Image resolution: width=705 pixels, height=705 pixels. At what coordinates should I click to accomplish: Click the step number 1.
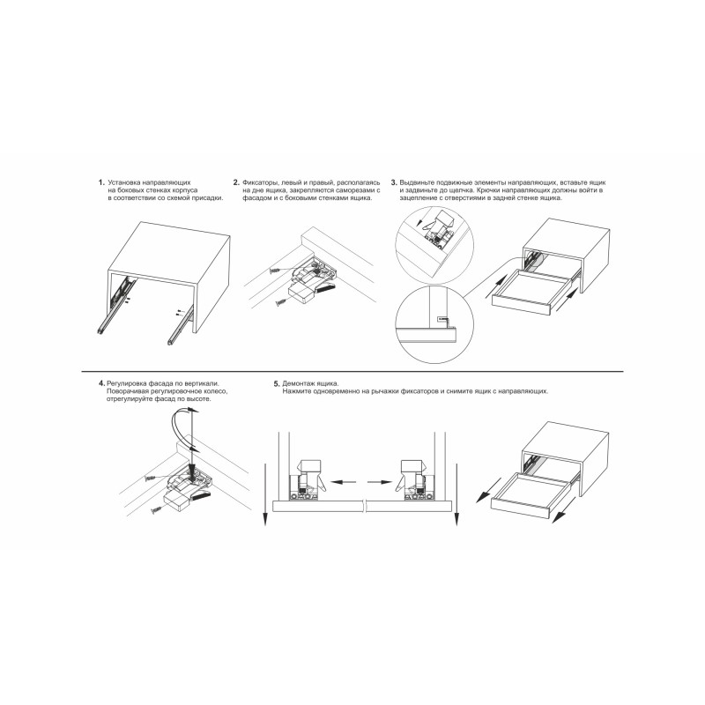(101, 182)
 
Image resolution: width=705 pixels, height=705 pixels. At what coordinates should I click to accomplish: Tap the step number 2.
(236, 182)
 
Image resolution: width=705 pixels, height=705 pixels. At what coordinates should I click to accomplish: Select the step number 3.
(394, 182)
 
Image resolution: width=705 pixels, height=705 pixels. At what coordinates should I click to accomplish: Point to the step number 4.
(101, 383)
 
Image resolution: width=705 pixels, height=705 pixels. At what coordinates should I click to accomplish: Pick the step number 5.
(277, 384)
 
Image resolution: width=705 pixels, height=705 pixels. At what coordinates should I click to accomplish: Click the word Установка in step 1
(124, 182)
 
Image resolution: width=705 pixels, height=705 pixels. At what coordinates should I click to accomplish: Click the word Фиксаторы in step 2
(260, 183)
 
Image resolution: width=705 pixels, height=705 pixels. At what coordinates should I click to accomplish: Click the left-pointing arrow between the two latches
(343, 482)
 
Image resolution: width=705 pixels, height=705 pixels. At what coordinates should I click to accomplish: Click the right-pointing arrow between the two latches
(380, 482)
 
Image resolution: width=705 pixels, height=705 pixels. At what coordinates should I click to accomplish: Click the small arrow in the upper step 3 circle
(421, 221)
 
